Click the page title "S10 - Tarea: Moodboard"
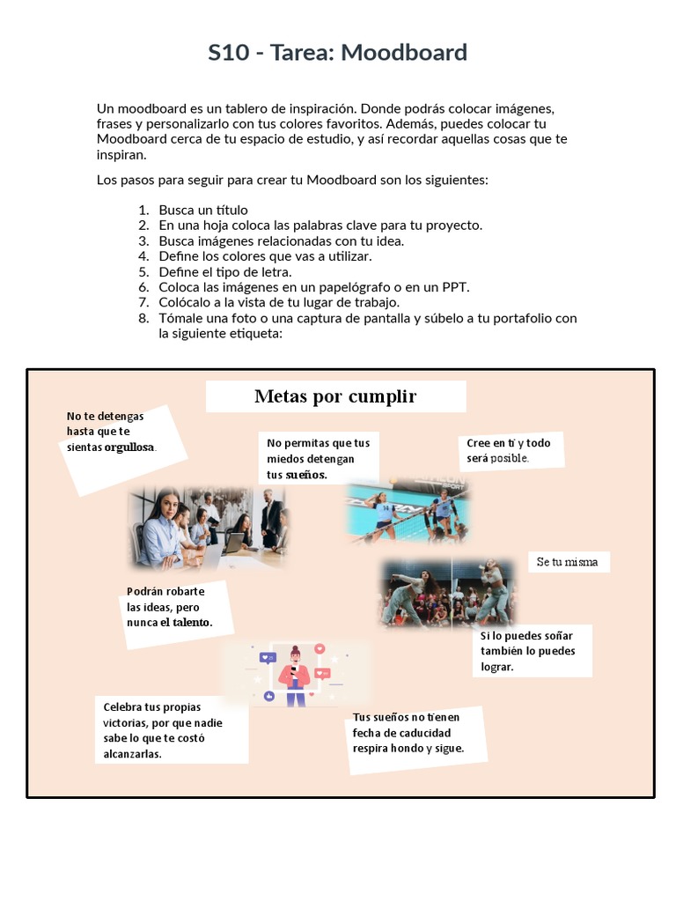[x=337, y=53]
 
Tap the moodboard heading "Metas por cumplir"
[x=335, y=396]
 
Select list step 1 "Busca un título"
[x=203, y=211]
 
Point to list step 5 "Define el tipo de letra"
[x=224, y=271]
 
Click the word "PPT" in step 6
[x=457, y=287]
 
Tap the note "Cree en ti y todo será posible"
[x=510, y=450]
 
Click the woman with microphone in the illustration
[x=294, y=674]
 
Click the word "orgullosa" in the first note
[x=129, y=447]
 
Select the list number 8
[x=143, y=318]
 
